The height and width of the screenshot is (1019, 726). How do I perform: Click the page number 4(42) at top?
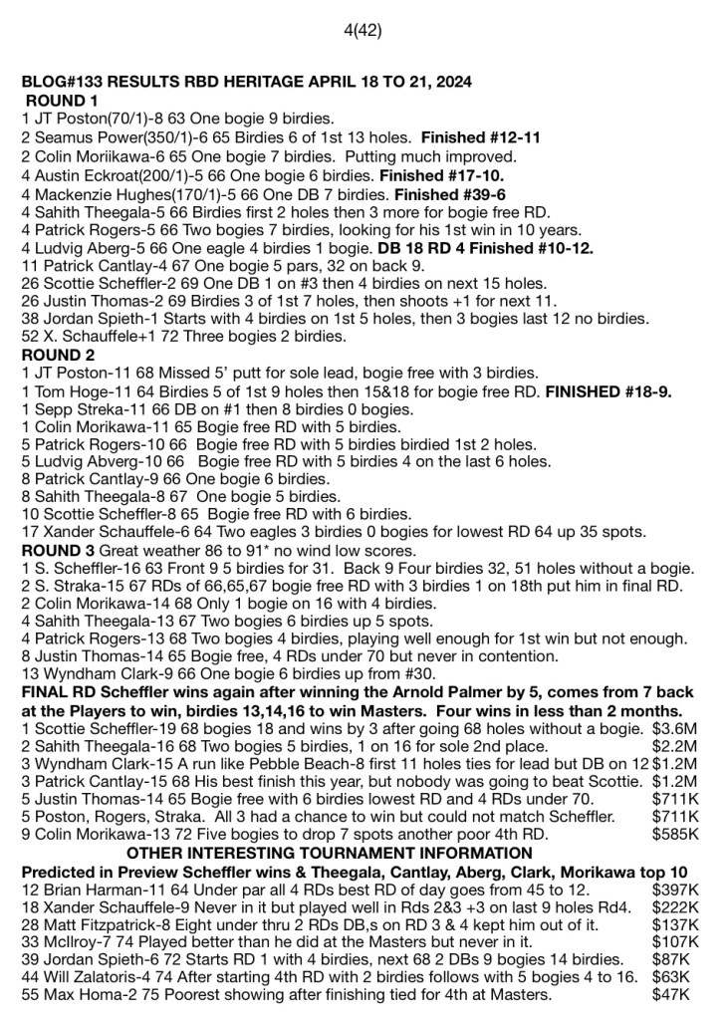coord(363,30)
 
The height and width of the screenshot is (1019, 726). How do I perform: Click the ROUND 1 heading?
coord(62,101)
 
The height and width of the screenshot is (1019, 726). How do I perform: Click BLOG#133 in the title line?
coord(61,82)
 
